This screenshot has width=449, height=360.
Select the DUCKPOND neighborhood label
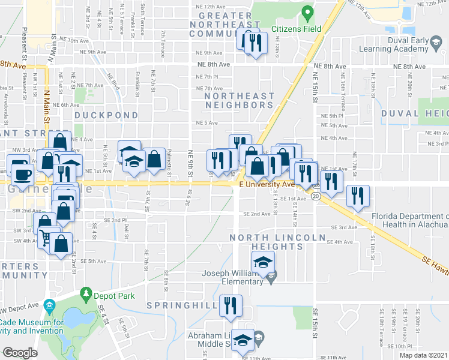106,115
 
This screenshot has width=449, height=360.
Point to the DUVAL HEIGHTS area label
415,113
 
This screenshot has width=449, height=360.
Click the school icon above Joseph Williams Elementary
262,262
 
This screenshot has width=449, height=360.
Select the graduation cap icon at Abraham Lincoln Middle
243,340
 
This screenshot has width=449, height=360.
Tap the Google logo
20,353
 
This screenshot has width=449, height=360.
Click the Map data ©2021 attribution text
423,355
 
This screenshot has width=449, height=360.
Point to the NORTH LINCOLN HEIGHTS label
278,242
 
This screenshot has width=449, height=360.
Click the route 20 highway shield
316,196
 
